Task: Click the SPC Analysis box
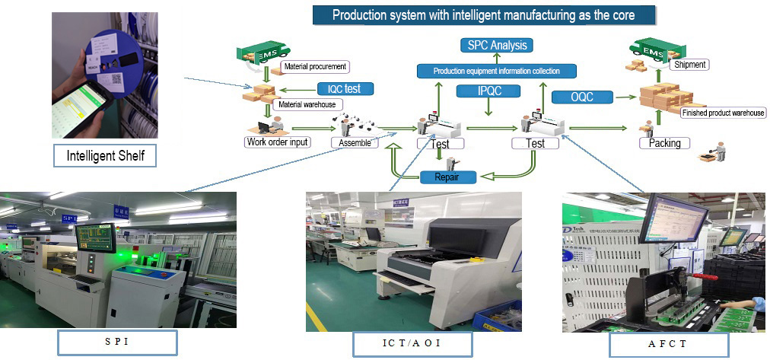click(x=498, y=45)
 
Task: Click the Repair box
click(x=449, y=177)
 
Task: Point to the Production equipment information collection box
click(x=497, y=71)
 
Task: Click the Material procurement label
click(x=314, y=67)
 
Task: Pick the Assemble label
click(x=355, y=142)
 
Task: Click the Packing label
click(x=664, y=143)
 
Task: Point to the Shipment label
click(x=690, y=65)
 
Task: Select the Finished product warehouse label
click(x=722, y=113)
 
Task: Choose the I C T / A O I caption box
click(x=411, y=344)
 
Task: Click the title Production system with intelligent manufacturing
click(x=483, y=14)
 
